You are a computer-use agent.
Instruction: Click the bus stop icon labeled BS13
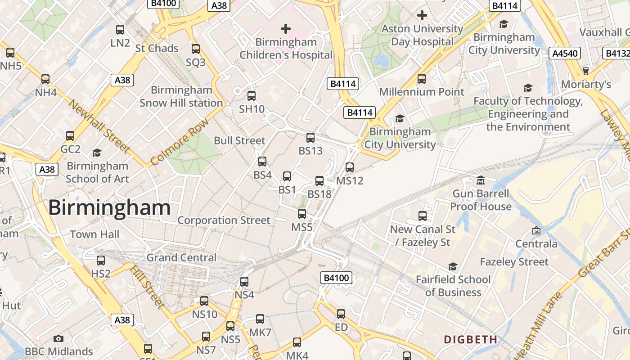click(x=310, y=138)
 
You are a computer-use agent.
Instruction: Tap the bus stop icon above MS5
click(x=302, y=214)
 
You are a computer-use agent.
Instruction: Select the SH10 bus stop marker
click(x=252, y=95)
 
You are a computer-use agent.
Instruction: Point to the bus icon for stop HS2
click(x=101, y=261)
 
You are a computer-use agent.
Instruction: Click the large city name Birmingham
click(x=109, y=208)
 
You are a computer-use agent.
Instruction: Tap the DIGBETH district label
click(x=471, y=339)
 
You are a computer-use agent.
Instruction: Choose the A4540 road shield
click(x=564, y=54)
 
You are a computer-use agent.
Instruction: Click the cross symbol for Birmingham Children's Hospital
click(x=285, y=29)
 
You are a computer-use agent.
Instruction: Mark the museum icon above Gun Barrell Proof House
click(x=481, y=180)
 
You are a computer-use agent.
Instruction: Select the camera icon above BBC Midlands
click(x=58, y=338)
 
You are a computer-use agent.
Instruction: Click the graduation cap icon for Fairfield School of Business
click(x=453, y=266)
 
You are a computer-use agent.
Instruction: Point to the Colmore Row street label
click(x=180, y=142)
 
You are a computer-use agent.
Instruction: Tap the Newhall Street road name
click(x=99, y=126)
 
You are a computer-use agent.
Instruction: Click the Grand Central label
click(x=181, y=258)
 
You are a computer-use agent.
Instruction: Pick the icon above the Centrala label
click(x=536, y=230)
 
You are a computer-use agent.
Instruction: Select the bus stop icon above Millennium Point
click(x=422, y=79)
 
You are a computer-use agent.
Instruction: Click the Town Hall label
click(x=94, y=234)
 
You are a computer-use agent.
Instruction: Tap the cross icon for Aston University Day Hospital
click(x=422, y=16)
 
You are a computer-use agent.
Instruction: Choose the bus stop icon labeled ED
click(x=341, y=314)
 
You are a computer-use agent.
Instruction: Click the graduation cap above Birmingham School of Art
click(x=97, y=153)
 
